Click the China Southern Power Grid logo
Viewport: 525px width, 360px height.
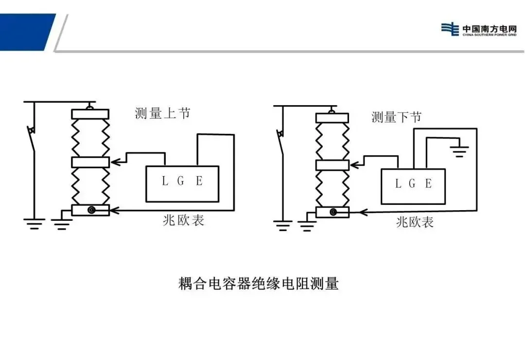tap(479, 29)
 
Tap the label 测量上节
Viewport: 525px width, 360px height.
tap(162, 113)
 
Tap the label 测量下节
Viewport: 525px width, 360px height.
tap(396, 117)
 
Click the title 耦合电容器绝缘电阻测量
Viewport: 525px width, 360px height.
tap(258, 284)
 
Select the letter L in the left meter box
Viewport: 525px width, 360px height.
tap(164, 181)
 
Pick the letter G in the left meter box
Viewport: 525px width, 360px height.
tap(181, 181)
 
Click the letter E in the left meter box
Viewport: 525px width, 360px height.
tap(199, 181)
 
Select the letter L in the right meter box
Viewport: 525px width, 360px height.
tap(398, 184)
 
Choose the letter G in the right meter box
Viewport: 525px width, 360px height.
tap(412, 184)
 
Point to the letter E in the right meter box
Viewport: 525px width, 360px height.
tap(428, 184)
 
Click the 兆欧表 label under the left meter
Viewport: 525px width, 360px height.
tap(183, 220)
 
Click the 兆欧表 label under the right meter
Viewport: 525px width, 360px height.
tap(415, 222)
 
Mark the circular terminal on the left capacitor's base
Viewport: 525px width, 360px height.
tap(91, 210)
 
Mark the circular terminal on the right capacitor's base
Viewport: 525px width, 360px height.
tap(333, 212)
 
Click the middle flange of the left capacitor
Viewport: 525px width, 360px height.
tap(90, 162)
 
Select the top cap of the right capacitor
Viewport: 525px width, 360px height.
tap(332, 118)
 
